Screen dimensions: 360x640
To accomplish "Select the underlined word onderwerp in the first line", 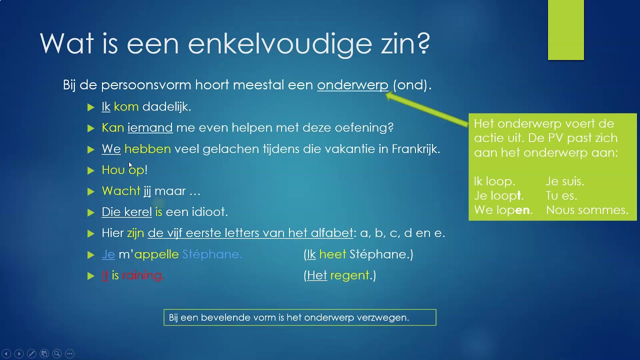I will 352,85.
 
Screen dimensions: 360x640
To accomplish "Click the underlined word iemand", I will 150,128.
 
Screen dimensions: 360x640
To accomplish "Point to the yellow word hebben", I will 147,149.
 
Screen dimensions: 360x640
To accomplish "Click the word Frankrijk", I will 415,149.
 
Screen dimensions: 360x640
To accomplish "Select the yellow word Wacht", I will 121,191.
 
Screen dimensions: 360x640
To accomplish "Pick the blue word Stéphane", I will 212,254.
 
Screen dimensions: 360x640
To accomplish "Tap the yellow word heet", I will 332,254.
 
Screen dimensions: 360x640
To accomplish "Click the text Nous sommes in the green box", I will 587,210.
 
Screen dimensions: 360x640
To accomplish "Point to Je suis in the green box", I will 565,181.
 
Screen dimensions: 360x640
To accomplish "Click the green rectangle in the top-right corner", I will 566,30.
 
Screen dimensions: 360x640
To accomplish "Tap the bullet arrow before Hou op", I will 90,170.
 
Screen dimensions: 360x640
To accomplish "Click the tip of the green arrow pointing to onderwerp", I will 387,95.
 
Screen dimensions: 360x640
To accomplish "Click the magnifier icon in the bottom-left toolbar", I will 56,353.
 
